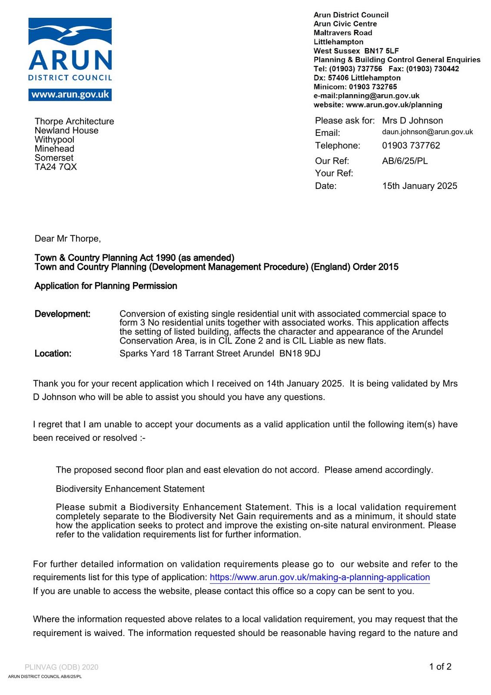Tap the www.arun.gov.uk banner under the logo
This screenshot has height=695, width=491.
click(x=70, y=95)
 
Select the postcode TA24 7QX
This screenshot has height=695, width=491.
click(x=56, y=167)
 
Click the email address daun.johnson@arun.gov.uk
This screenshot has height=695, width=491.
click(x=427, y=132)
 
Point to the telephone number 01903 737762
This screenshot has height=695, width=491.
click(x=411, y=146)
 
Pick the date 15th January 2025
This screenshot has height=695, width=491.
click(x=419, y=186)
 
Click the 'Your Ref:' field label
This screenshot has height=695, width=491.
click(x=334, y=173)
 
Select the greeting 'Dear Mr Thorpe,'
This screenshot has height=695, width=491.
click(x=68, y=238)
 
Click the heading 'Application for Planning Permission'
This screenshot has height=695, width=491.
click(x=106, y=286)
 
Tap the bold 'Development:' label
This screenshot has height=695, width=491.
click(x=63, y=314)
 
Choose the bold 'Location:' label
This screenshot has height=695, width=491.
click(x=53, y=354)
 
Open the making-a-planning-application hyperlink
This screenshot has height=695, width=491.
click(x=319, y=577)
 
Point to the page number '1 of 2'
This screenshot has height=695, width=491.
click(x=440, y=667)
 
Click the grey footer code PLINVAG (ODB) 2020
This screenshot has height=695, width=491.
click(x=61, y=667)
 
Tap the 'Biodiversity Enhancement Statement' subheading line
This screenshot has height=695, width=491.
click(x=130, y=489)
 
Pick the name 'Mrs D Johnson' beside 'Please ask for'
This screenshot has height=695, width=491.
click(x=412, y=121)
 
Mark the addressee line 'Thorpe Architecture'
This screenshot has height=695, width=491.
click(x=74, y=121)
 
